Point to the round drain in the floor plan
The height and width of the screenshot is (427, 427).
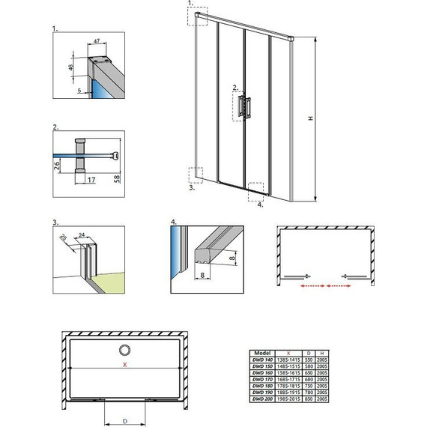[125, 350]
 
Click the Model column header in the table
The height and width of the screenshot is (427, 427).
[262, 351]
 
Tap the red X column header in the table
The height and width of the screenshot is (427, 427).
[288, 351]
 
